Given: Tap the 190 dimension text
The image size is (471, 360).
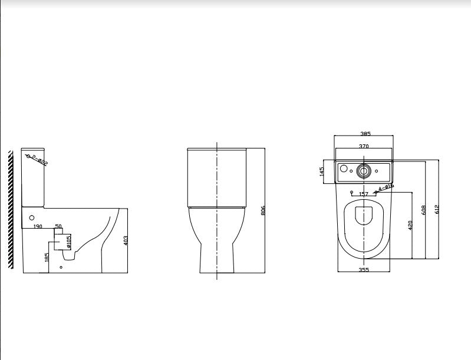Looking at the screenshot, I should [x=38, y=226].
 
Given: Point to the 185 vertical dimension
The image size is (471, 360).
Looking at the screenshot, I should [x=47, y=257].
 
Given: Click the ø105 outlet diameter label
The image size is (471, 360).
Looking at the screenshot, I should [x=68, y=241].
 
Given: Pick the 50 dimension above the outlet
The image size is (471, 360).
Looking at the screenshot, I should [x=58, y=226].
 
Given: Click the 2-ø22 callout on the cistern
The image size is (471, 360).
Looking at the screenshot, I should [x=38, y=160].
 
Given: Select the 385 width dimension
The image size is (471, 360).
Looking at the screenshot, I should [x=364, y=133].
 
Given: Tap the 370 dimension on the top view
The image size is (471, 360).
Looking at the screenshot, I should [x=364, y=146].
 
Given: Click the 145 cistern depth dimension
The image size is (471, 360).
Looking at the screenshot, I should [x=322, y=171].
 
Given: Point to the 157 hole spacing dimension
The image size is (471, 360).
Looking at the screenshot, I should [x=363, y=194].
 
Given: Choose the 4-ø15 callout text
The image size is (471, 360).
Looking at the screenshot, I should [x=387, y=187].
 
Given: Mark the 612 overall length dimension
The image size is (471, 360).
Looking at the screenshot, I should [x=438, y=209].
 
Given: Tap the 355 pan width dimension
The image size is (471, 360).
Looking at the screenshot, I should [x=364, y=269].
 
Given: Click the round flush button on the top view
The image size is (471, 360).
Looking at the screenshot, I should [x=364, y=172].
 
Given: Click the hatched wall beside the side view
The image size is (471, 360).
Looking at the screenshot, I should [x=11, y=210].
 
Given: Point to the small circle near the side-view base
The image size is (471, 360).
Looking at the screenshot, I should [x=61, y=267].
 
